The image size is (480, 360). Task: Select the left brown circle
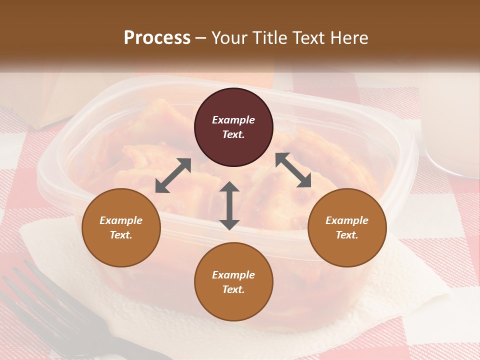point(121,227)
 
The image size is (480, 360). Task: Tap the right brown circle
point(347,227)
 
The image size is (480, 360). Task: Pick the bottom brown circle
point(233,282)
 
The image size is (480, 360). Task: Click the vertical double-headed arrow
point(229,205)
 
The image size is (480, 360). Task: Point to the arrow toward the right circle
point(293,170)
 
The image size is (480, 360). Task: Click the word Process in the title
point(157,37)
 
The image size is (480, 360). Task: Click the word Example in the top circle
point(233,120)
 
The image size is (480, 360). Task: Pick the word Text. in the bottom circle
point(233,289)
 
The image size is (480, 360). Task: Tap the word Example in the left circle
point(121,220)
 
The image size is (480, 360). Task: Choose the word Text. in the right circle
point(347,235)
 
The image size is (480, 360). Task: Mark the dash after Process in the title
point(201,38)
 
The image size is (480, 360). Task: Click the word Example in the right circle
point(347,220)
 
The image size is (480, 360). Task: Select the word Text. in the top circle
point(233,135)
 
